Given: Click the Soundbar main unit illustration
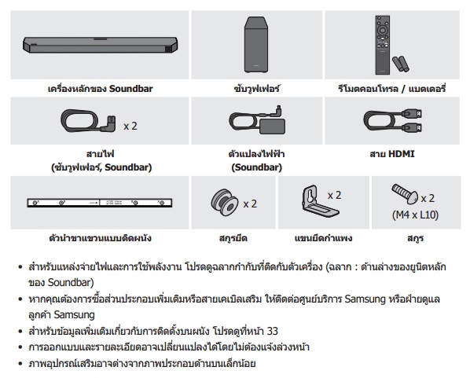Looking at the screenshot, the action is tap(101, 45).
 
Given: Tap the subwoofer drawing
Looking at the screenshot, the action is tap(256, 44).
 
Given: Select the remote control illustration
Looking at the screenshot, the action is tap(383, 45).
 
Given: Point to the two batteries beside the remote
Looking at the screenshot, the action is tap(401, 64).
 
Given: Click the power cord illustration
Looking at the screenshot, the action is tap(89, 120).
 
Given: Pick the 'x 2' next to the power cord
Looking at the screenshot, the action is tap(130, 126).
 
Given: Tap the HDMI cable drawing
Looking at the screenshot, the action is tap(393, 120).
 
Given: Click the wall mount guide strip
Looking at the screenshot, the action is tap(100, 203).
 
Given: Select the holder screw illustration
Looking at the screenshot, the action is tap(225, 202).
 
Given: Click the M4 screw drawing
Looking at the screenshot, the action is tap(405, 193).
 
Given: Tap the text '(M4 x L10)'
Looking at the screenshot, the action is tap(416, 215).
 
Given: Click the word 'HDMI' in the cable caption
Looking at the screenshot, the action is tap(402, 154).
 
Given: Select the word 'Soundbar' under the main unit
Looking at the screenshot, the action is tap(131, 89).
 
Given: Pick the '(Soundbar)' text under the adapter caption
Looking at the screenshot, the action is tap(256, 167).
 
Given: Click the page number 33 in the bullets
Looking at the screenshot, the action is tap(272, 331).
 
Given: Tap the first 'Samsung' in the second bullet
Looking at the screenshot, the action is tap(365, 299).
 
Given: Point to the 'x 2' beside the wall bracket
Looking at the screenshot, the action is tap(335, 196).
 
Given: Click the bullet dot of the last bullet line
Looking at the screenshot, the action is tap(20, 364).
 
